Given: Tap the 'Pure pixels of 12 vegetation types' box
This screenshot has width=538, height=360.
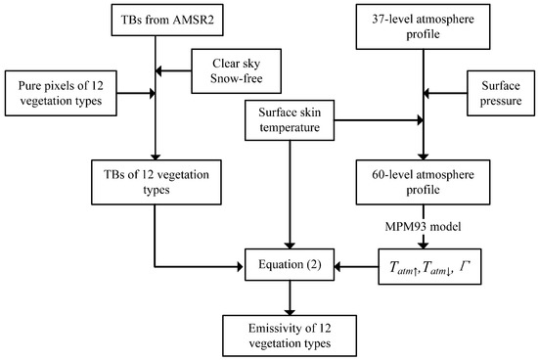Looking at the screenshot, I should (63, 95).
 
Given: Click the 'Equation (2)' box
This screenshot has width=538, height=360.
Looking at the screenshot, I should (287, 263).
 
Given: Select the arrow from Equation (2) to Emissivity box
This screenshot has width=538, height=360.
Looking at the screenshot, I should (287, 295).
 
